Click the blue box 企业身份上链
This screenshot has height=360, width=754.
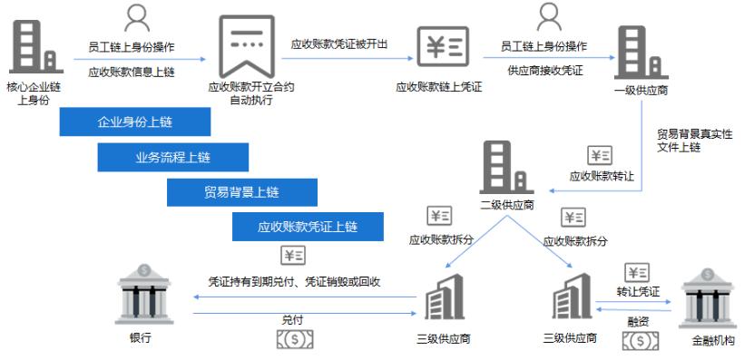(x=135, y=122)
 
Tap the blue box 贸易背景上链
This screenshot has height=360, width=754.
(x=241, y=191)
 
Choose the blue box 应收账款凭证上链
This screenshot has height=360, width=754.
(x=308, y=227)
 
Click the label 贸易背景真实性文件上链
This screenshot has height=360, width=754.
(x=695, y=141)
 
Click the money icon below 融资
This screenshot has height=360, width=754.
(x=641, y=340)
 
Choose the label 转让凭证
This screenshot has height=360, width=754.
(x=636, y=291)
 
